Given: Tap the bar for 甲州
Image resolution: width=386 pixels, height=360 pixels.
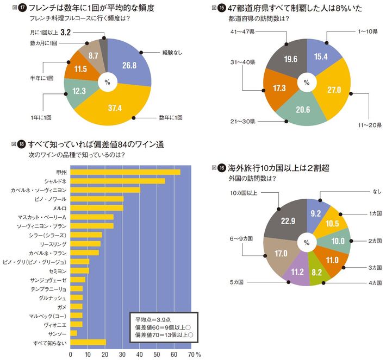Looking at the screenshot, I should point(126,172).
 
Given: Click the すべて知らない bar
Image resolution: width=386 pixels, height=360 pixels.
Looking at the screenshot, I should point(88,342).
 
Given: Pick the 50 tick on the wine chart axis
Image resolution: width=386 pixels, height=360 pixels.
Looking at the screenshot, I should point(158,354).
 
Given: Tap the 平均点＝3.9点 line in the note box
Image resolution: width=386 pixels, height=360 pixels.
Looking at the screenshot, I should point(154,319).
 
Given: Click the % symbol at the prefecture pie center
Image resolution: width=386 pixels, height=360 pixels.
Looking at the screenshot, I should point(307,83).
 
